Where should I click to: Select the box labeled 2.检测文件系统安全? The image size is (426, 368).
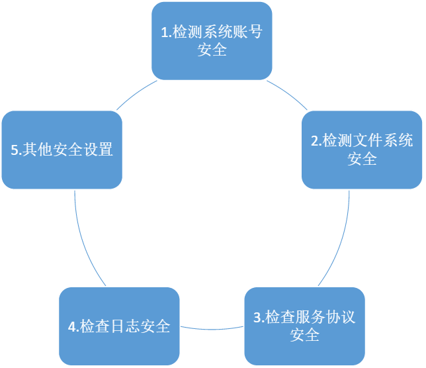point(362,150)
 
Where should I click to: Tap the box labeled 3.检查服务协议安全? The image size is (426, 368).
point(305,326)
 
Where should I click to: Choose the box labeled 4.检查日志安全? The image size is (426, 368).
point(119,326)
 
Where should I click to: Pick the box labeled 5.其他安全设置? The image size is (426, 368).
point(62,150)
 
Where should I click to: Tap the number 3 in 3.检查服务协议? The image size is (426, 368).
point(257,317)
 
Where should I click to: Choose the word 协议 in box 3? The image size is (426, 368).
point(339,317)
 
